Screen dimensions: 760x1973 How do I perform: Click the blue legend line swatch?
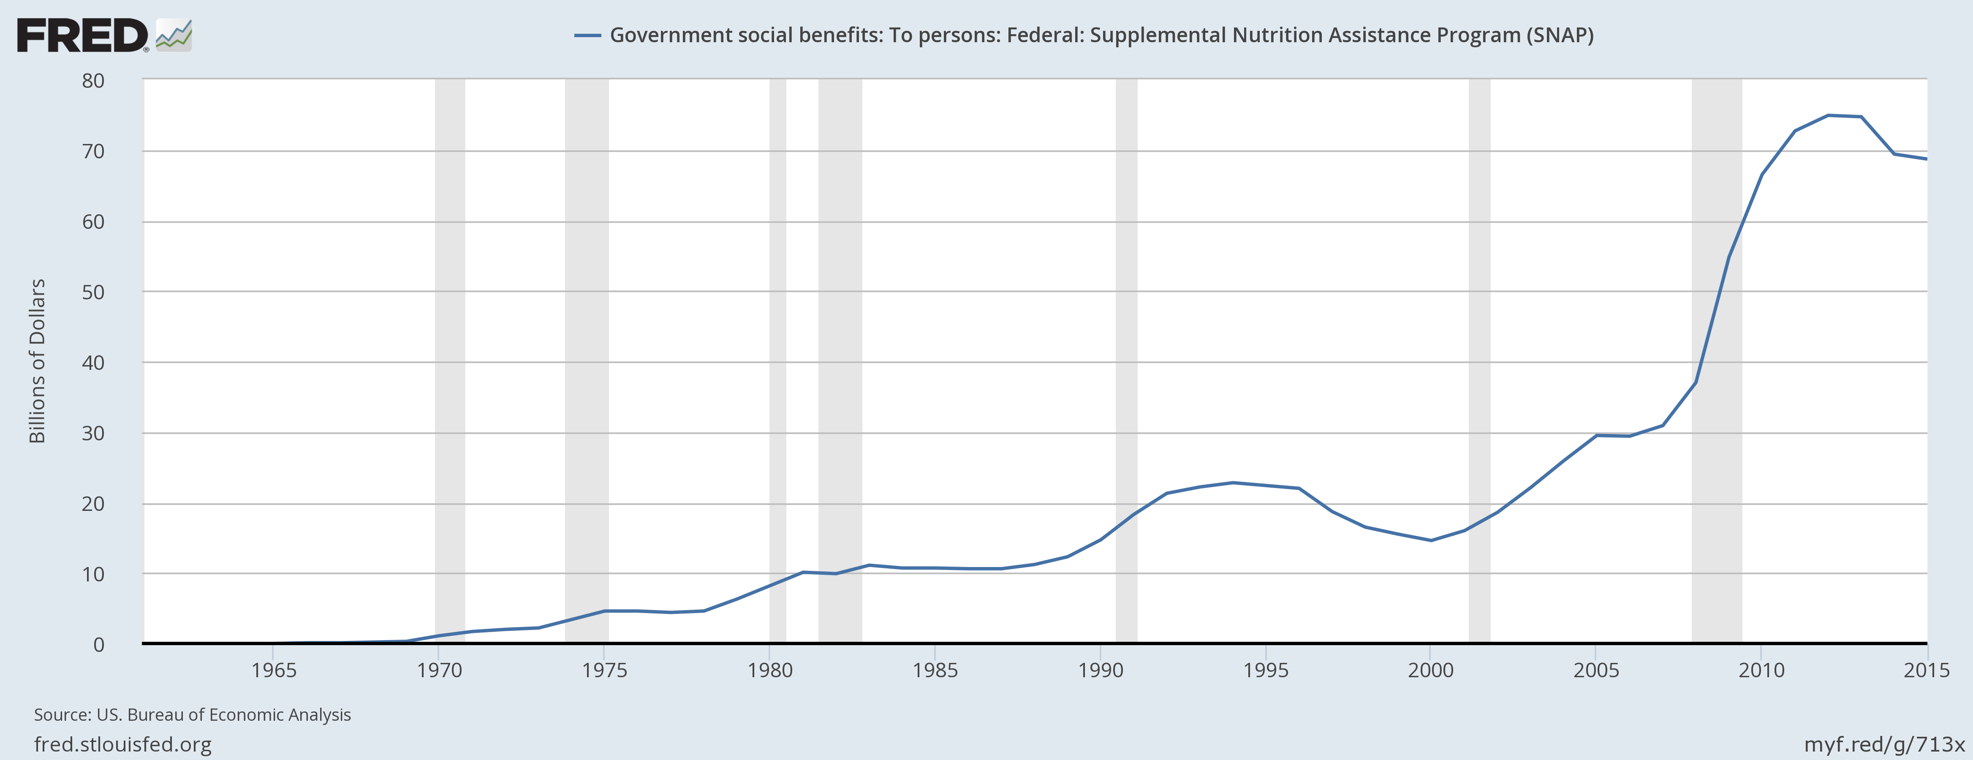[587, 35]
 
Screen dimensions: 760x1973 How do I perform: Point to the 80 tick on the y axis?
[93, 81]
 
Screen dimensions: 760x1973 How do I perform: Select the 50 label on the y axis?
[93, 292]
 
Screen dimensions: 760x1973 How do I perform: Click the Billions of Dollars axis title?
[37, 361]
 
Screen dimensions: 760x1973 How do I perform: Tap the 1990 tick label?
[1101, 670]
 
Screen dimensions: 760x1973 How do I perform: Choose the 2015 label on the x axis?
[1926, 670]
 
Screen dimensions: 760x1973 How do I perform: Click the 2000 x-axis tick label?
[1431, 670]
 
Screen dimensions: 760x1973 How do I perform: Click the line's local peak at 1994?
[1232, 483]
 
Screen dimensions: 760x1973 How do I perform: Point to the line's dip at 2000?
[1431, 540]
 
